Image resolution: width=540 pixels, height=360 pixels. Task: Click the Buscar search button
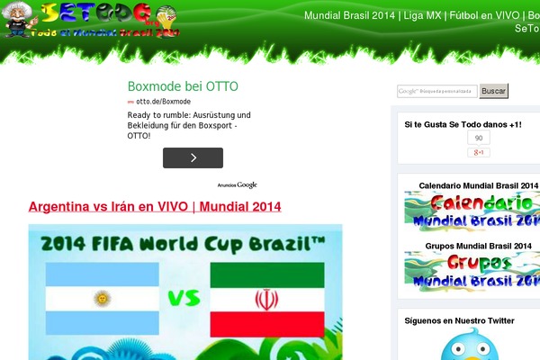pos(493,91)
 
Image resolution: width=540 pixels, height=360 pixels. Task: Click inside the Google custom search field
pos(437,91)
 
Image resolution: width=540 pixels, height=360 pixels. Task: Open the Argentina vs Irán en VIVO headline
pos(155,207)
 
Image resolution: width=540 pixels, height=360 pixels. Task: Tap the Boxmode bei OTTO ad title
pos(183,87)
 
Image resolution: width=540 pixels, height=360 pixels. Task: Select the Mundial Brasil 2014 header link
pos(350,15)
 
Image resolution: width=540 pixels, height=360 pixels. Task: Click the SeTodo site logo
pos(90,20)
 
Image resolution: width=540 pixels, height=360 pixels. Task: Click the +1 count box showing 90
pos(478,139)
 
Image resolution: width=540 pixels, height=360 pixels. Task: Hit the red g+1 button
pos(478,152)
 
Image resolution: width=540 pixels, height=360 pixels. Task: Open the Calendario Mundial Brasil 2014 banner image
pos(472,211)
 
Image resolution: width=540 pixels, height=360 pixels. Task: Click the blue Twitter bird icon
pos(472,344)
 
